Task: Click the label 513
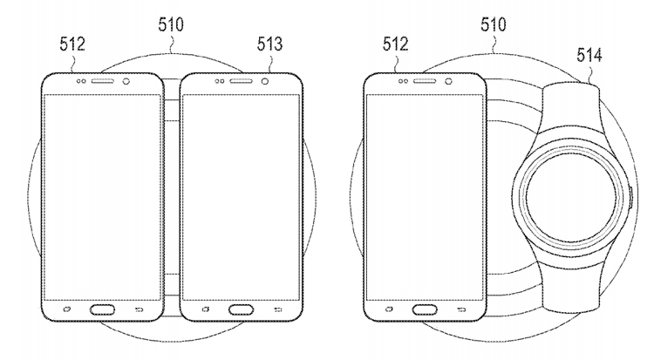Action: pos(269,44)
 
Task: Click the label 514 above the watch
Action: pos(589,55)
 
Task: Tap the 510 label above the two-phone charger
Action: pos(171,25)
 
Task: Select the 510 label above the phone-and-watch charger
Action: pos(494,25)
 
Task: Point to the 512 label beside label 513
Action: pos(72,44)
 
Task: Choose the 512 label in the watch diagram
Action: pos(395,44)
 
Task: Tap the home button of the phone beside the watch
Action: pos(425,309)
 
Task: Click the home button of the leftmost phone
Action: pos(102,309)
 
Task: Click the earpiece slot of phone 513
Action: pos(241,81)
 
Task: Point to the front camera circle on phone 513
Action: pos(265,81)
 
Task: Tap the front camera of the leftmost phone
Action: pos(126,81)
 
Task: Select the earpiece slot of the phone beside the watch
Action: pos(425,81)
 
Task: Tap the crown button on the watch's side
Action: pos(631,198)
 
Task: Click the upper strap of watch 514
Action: pos(570,109)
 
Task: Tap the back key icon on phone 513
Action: pos(277,309)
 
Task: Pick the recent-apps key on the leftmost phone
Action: pos(67,309)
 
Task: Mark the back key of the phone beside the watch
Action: pos(461,309)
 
